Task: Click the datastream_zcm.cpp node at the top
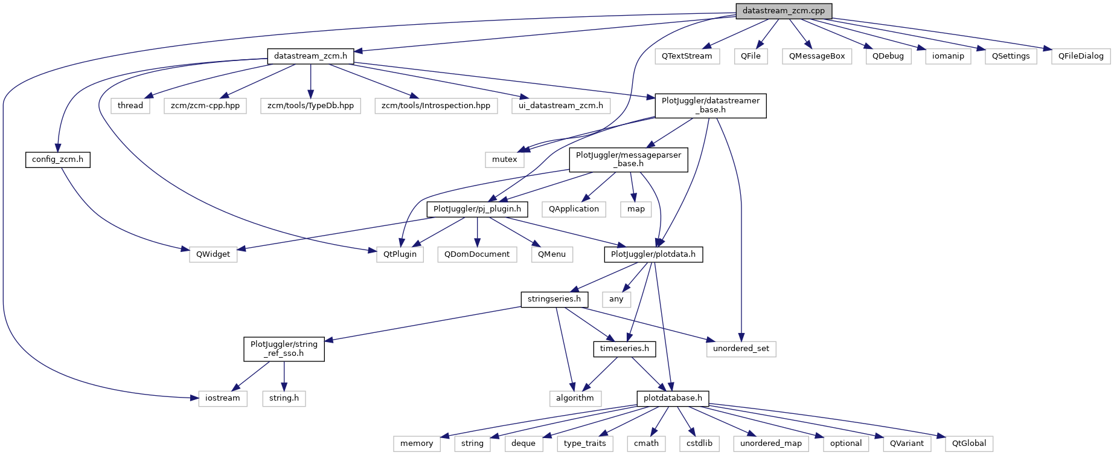[783, 11]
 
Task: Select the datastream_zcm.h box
[310, 56]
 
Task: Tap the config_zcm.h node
[57, 160]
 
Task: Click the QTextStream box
[687, 56]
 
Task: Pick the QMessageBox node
[816, 56]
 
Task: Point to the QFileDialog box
[1080, 56]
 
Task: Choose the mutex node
[504, 160]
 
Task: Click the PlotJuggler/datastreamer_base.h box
[710, 105]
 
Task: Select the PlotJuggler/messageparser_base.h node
[628, 160]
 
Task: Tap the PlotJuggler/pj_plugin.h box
[477, 209]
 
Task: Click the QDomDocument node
[477, 254]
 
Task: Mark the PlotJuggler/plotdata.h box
[653, 254]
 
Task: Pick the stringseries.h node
[554, 299]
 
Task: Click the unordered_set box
[741, 349]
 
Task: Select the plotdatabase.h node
[673, 398]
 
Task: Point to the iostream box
[222, 398]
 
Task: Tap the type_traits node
[584, 444]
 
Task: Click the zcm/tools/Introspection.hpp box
[435, 106]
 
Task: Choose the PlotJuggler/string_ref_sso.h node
[284, 349]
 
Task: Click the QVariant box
[906, 444]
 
